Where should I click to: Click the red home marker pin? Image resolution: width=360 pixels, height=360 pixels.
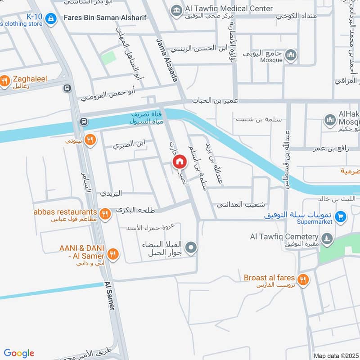[x=180, y=162]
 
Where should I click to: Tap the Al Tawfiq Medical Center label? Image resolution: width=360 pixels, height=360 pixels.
[x=228, y=9]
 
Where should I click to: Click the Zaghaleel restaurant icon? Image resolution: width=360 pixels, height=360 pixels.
[x=5, y=81]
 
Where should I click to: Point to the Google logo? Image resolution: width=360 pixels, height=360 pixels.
[x=19, y=353]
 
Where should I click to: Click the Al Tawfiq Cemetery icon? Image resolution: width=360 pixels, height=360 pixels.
[x=328, y=237]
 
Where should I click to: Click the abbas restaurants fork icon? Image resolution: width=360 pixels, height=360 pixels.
[x=105, y=213]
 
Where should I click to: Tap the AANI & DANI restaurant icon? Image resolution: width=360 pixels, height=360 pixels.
[x=112, y=254]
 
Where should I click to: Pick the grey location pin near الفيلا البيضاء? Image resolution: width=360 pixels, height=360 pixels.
[x=192, y=247]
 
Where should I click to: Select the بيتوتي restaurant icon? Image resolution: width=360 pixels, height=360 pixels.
[x=90, y=140]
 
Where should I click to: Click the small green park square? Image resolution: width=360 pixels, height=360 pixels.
[x=108, y=58]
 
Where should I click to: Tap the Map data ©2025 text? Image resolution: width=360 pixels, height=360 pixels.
[x=335, y=355]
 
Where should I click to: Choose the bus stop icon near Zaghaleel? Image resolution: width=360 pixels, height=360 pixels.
[x=67, y=89]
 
